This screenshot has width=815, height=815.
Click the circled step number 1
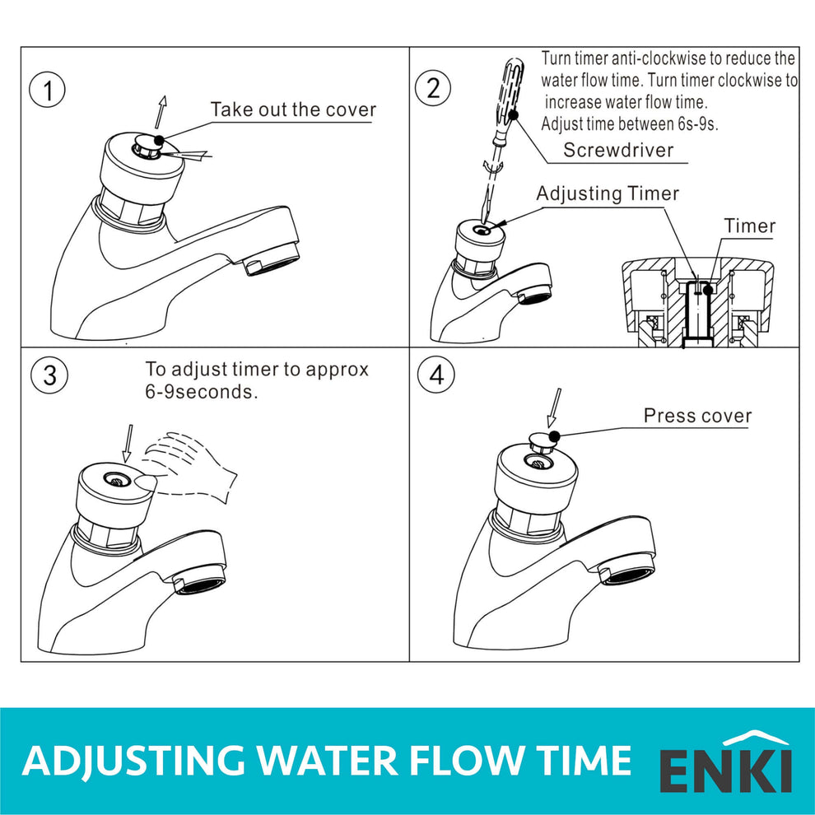(x=48, y=91)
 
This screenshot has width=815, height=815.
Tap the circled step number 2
(x=434, y=88)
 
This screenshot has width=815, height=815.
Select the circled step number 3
(x=49, y=375)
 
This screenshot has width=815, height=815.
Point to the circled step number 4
(x=435, y=375)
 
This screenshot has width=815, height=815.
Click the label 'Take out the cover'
(x=292, y=110)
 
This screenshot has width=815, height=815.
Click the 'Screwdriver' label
(x=618, y=150)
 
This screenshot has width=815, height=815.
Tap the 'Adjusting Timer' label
(x=608, y=193)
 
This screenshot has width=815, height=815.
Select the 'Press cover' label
(x=697, y=416)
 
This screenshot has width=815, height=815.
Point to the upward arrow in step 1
(x=161, y=111)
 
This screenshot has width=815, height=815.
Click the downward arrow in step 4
(x=556, y=407)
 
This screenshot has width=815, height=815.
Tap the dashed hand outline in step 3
(x=193, y=464)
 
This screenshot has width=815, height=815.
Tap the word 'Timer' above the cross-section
(x=749, y=226)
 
